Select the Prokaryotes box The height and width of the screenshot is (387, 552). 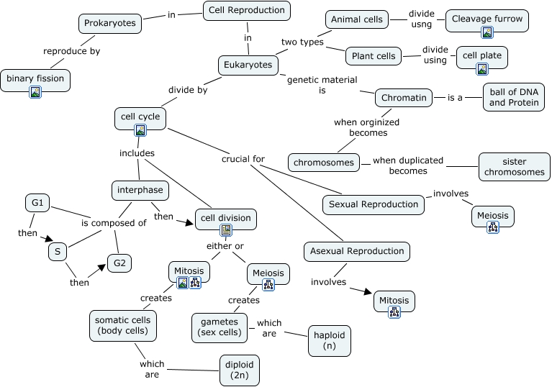pyautogui.click(x=109, y=23)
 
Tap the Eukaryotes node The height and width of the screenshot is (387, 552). pyautogui.click(x=248, y=65)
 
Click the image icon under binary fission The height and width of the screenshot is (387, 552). pyautogui.click(x=35, y=91)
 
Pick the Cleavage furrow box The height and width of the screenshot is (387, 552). pyautogui.click(x=487, y=19)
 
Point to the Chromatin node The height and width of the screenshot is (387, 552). pyautogui.click(x=404, y=97)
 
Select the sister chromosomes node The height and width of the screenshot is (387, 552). pyautogui.click(x=514, y=167)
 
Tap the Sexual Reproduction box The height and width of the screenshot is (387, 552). pyautogui.click(x=373, y=204)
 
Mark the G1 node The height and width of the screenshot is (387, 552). pyautogui.click(x=37, y=204)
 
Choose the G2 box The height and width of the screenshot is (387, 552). pyautogui.click(x=119, y=263)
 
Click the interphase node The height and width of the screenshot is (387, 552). pyautogui.click(x=141, y=191)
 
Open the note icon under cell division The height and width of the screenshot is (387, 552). pyautogui.click(x=226, y=230)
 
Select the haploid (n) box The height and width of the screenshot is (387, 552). pyautogui.click(x=330, y=340)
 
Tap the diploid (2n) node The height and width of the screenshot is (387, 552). pyautogui.click(x=239, y=370)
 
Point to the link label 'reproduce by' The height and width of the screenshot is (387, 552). pyautogui.click(x=71, y=51)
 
